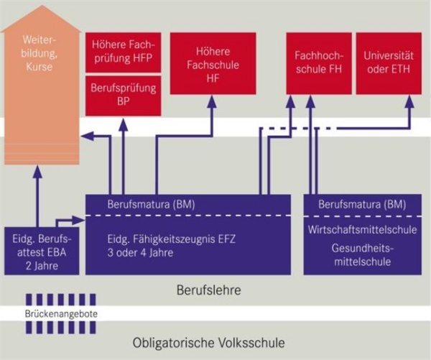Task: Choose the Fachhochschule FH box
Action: [318, 63]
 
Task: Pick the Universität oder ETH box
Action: [388, 63]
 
